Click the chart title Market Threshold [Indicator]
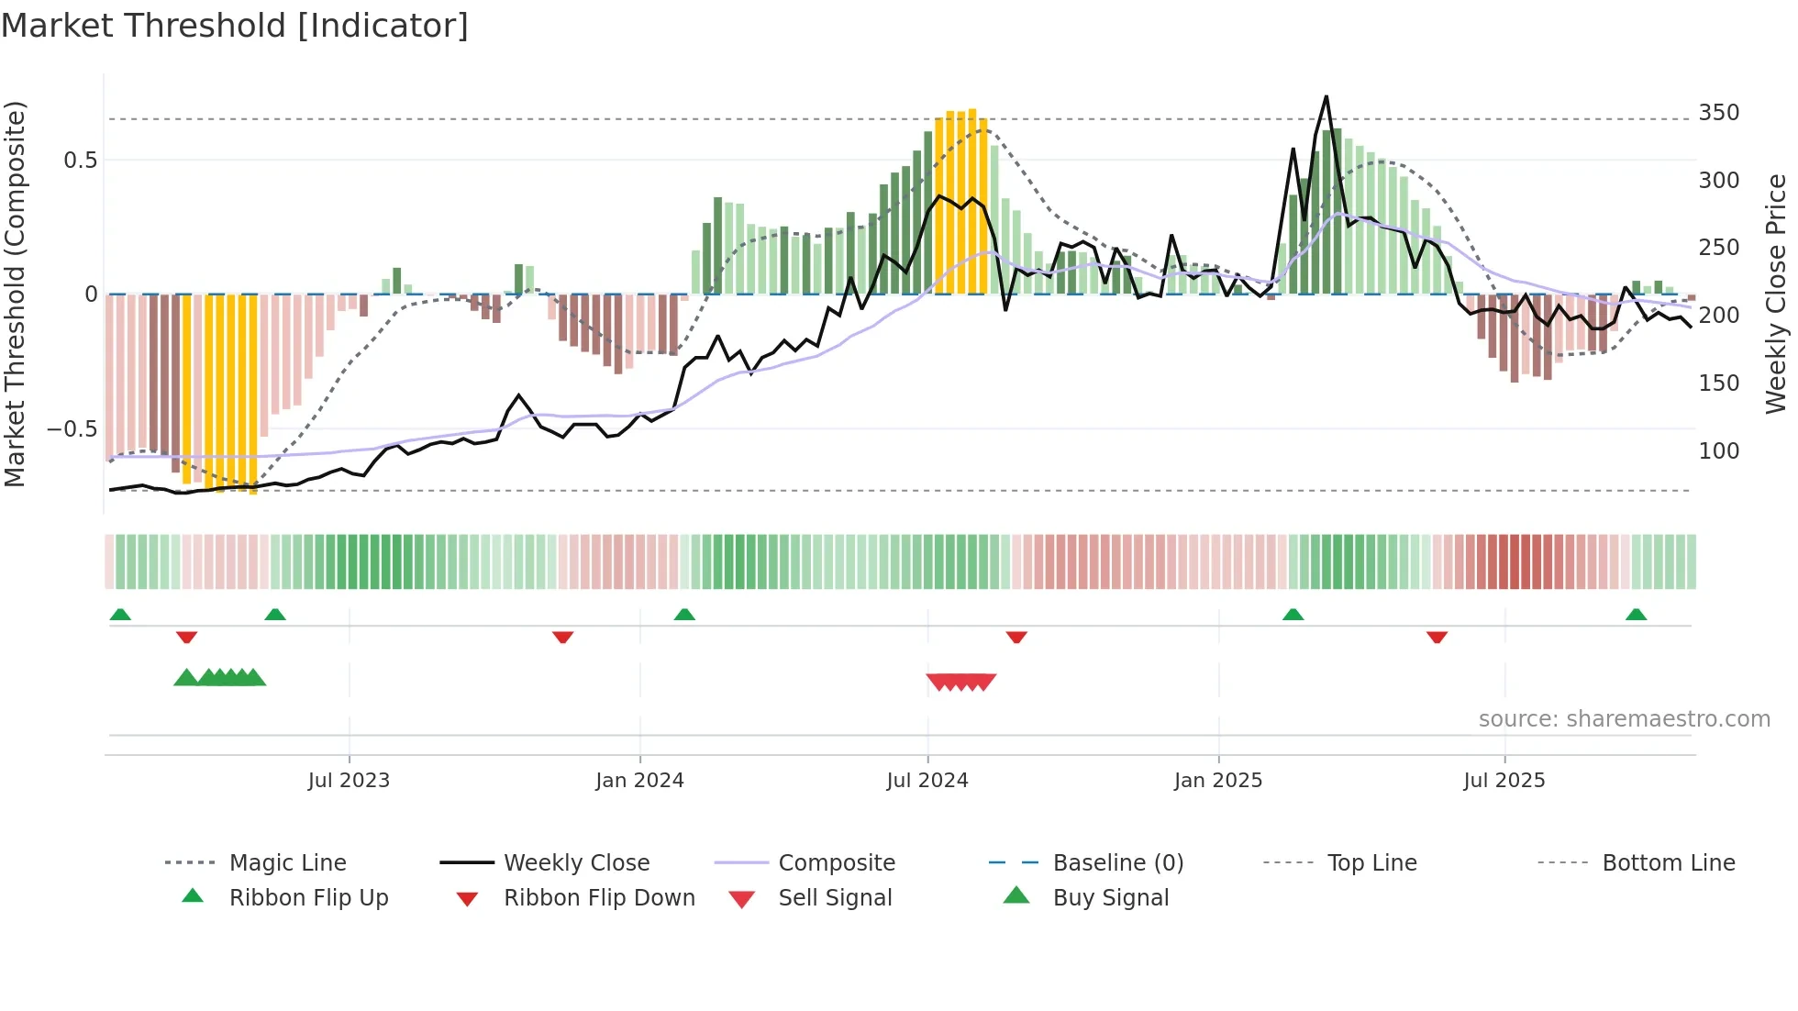(x=235, y=26)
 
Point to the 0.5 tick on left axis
(x=80, y=161)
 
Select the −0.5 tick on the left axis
(x=72, y=429)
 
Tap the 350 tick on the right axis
(x=1718, y=113)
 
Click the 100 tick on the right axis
(x=1718, y=451)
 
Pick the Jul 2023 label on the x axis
(x=349, y=781)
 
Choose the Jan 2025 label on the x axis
(x=1217, y=781)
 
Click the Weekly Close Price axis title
(x=1776, y=294)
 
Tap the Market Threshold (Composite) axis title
(x=15, y=294)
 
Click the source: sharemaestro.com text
(x=1624, y=719)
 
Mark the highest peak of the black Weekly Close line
(x=1326, y=97)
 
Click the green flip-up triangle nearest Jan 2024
(x=684, y=615)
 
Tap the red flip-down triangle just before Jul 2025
(x=1437, y=637)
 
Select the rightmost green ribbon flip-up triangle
(x=1636, y=615)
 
